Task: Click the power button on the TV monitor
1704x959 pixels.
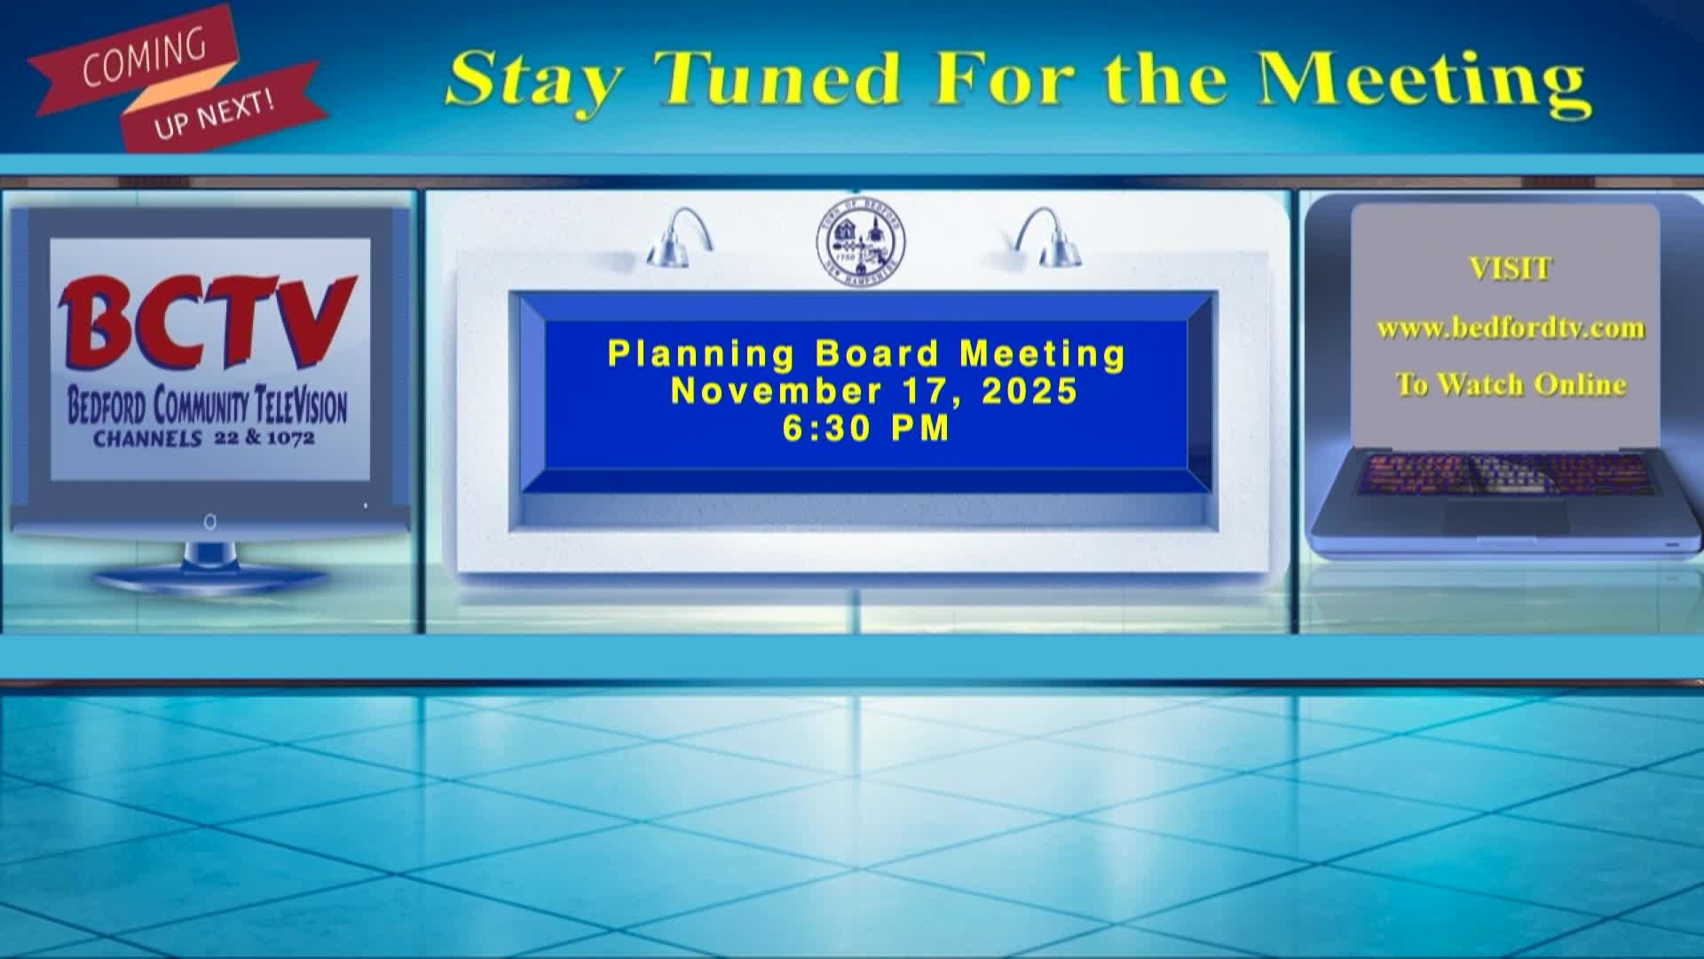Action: click(x=210, y=522)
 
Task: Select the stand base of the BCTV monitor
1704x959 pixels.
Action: click(x=210, y=578)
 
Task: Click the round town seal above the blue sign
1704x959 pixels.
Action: click(x=860, y=241)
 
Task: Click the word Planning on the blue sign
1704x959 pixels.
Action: click(x=701, y=353)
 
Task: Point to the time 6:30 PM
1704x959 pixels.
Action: click(x=866, y=428)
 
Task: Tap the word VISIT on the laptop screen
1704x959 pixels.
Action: click(x=1510, y=268)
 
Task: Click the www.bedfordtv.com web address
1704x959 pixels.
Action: click(x=1510, y=328)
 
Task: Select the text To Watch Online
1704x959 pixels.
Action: click(x=1510, y=384)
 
